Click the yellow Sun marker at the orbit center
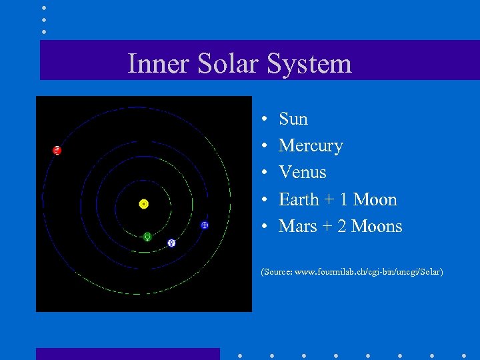(143, 204)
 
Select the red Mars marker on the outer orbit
(57, 150)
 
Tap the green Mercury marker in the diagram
(147, 236)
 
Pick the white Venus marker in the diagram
(171, 243)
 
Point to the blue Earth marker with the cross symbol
(205, 225)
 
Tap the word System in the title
(309, 64)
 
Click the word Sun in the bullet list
(293, 119)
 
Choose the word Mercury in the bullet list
(311, 146)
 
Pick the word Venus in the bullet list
(303, 173)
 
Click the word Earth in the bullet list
(300, 199)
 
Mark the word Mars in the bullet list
(297, 226)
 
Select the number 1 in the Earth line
(343, 199)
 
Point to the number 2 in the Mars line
(342, 226)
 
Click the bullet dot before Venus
(265, 173)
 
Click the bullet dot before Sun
(265, 120)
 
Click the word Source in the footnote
(275, 272)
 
